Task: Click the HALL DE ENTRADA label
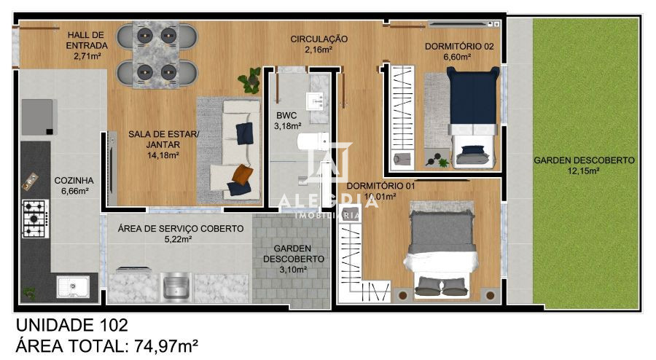pos(87,40)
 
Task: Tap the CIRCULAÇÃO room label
pos(319,39)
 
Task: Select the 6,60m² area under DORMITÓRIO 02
pos(459,57)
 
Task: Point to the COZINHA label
pos(74,180)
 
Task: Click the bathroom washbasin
pos(319,101)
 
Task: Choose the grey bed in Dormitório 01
pos(440,240)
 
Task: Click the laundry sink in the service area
pos(174,286)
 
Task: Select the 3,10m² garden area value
pos(294,269)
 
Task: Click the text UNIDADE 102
pos(71,325)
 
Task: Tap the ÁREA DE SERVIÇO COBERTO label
pos(180,228)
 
